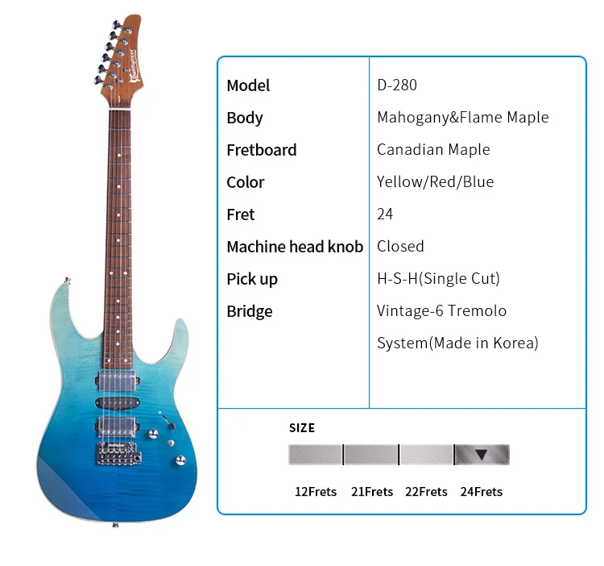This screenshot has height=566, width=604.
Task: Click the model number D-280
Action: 396,85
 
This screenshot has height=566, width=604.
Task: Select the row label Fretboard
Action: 261,150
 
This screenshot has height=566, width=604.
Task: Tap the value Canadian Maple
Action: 433,150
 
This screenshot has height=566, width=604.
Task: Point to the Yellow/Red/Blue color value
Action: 435,182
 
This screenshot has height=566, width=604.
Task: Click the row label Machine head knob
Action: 294,247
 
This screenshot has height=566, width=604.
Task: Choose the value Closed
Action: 400,247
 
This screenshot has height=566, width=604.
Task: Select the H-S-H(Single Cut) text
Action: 438,279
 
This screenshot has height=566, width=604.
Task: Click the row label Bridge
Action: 249,311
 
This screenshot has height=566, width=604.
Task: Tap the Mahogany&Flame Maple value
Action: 462,118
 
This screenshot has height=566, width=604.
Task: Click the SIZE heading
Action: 302,427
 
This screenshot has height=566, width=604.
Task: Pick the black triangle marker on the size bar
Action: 481,455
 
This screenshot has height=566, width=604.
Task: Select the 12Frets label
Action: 315,492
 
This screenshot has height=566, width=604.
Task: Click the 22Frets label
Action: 426,492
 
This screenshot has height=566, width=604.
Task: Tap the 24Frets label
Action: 481,492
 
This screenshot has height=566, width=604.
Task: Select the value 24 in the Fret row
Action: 385,214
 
